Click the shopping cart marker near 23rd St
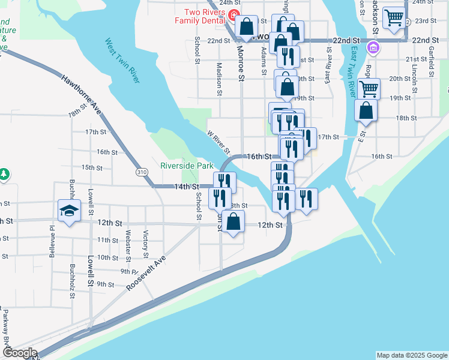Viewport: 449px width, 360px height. point(394,19)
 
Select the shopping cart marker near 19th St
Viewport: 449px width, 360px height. point(369,89)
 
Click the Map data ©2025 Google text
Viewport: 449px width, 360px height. point(411,355)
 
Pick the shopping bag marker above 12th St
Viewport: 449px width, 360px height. point(234,221)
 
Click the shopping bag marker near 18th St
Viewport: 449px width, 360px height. point(365,112)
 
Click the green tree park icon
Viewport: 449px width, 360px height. point(4,174)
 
